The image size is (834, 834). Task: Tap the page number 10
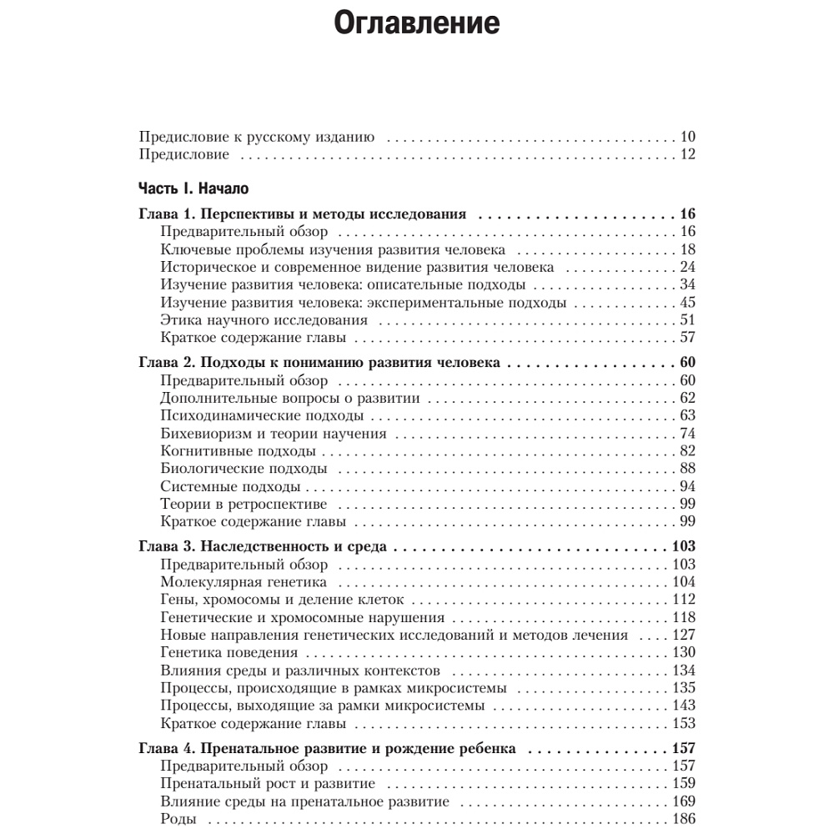pos(687,137)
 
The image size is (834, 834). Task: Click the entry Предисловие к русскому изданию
pos(256,137)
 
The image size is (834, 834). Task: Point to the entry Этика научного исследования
pos(264,320)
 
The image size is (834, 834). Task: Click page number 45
pos(687,303)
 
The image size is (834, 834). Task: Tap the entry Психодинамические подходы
pos(261,415)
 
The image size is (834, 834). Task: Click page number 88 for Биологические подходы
pos(687,469)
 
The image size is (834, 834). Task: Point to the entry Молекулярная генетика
pos(244,582)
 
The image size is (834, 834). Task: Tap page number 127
pos(683,636)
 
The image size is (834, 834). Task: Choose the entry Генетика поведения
pos(229,653)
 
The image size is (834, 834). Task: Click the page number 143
pos(683,706)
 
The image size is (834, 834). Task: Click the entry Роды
pos(178,819)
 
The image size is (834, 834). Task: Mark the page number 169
pos(683,801)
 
